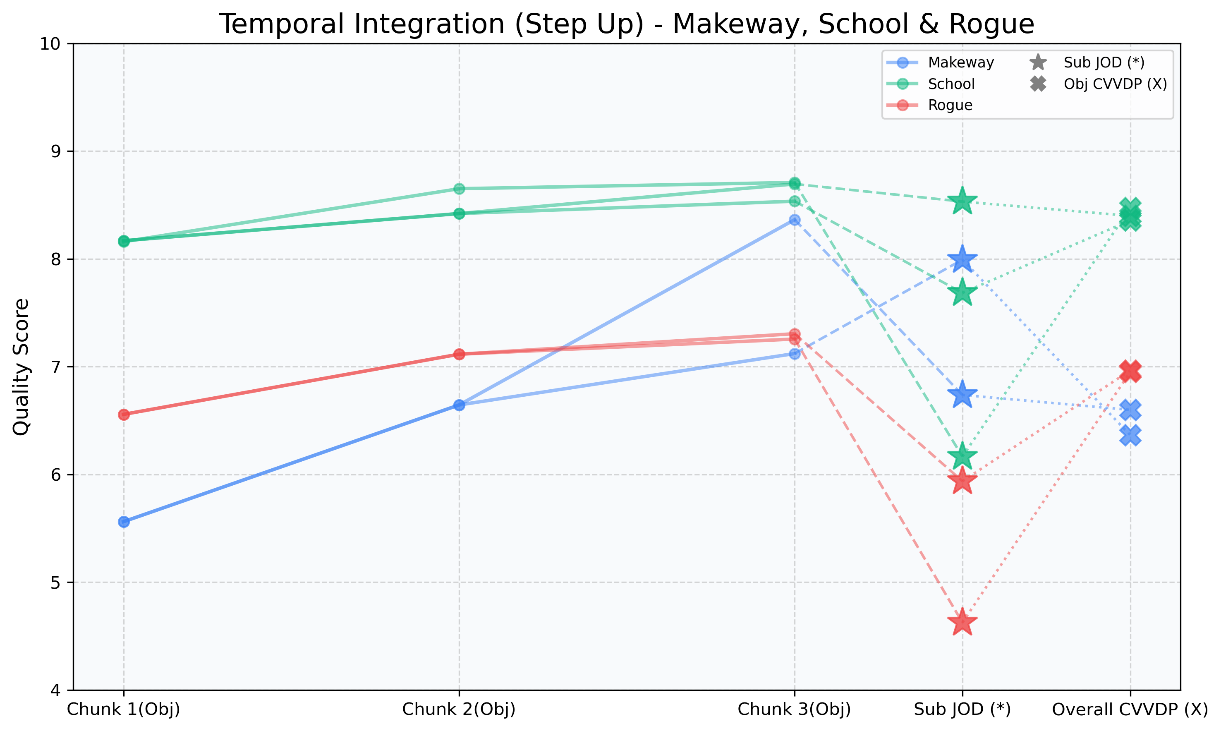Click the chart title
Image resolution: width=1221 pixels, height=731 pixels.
pos(626,24)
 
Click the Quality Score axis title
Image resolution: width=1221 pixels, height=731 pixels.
pos(21,367)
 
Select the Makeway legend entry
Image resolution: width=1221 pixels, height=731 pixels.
pos(960,62)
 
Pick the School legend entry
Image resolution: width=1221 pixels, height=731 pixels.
pos(951,84)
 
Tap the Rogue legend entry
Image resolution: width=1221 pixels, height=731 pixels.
pos(950,105)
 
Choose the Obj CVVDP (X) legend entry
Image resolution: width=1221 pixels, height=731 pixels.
pos(1115,84)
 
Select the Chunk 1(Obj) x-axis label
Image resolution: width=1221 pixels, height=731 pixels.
pos(124,710)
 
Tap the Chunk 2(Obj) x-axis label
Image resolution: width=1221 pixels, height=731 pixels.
pos(459,710)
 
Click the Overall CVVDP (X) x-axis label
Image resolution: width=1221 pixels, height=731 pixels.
pos(1130,710)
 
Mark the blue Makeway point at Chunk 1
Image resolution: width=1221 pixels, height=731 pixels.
pos(124,522)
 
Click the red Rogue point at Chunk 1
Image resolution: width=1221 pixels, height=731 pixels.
pos(124,415)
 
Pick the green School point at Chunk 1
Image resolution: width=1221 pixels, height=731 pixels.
pos(124,241)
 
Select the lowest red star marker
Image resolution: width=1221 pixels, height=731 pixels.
pos(962,623)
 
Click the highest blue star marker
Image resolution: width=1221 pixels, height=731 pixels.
pos(962,259)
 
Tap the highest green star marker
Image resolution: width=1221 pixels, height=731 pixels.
pos(962,201)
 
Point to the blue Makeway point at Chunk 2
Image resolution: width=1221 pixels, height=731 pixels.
pos(459,405)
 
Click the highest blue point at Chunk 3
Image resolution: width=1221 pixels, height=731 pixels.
pos(795,220)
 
